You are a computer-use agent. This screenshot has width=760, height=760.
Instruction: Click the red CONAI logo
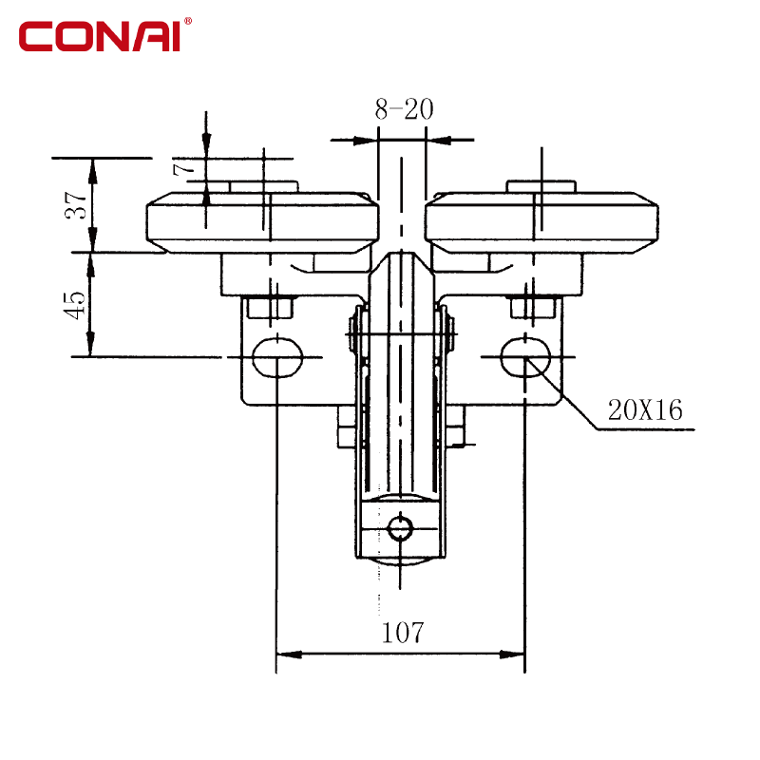tap(100, 36)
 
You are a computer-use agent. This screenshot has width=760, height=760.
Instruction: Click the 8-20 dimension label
tap(404, 109)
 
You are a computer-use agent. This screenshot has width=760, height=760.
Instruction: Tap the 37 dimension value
tap(76, 205)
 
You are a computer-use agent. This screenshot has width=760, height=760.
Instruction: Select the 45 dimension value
tap(75, 305)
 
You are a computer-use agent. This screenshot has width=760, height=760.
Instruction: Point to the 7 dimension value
tap(184, 169)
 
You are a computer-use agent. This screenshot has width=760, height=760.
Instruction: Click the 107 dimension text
tap(403, 633)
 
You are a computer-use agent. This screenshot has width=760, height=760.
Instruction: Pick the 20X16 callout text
tap(645, 410)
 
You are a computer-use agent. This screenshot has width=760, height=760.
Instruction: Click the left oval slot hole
tap(277, 357)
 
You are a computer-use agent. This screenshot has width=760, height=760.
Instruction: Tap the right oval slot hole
tap(526, 357)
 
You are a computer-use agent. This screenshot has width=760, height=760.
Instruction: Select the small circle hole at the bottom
tap(400, 528)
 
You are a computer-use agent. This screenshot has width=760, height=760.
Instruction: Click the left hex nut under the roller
tap(270, 308)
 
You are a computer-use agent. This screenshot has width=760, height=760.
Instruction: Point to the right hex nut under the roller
tap(533, 308)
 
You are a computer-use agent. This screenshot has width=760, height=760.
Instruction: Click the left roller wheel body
tap(262, 222)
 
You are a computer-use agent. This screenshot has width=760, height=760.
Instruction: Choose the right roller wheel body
tap(541, 222)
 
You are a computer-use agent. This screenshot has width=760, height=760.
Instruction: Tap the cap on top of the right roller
tap(541, 186)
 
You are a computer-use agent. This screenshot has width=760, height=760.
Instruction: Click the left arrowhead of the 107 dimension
tap(289, 655)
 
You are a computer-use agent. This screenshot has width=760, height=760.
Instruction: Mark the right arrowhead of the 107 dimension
tap(512, 655)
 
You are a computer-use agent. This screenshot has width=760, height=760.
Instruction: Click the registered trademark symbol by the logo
tap(188, 21)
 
